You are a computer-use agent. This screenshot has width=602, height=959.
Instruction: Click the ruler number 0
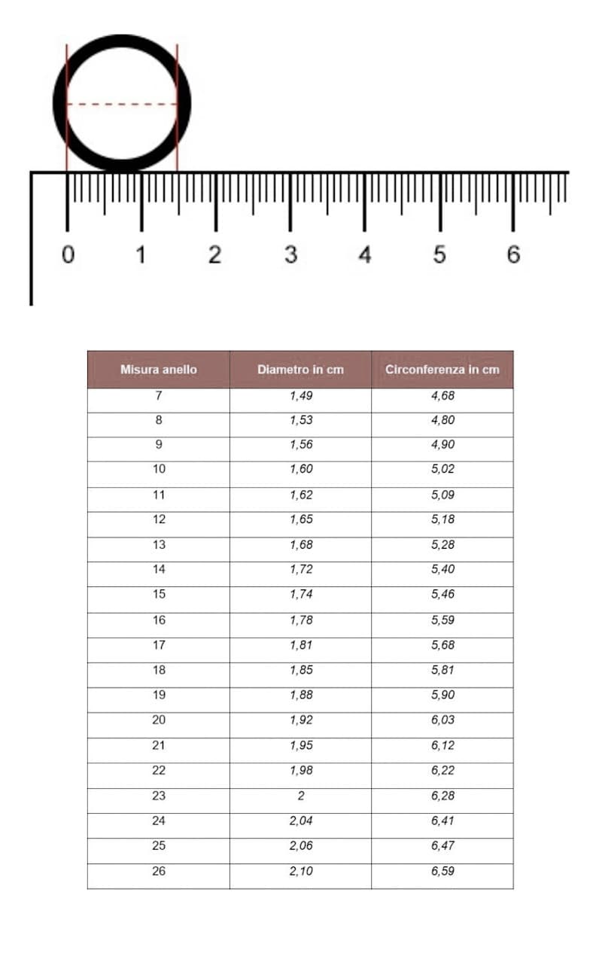(x=68, y=255)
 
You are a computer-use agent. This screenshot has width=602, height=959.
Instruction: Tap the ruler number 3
(x=290, y=255)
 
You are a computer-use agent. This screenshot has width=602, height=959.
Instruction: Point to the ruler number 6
(x=513, y=255)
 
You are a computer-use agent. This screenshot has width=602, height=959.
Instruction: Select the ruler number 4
(x=365, y=255)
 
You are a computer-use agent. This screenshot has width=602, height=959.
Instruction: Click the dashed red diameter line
(x=122, y=104)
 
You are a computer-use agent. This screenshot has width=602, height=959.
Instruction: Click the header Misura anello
(x=159, y=370)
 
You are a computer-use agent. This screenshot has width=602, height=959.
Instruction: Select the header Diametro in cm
(x=300, y=370)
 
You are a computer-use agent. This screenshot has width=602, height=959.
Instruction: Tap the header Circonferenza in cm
(x=442, y=370)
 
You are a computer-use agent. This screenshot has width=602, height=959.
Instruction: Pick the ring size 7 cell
(x=159, y=395)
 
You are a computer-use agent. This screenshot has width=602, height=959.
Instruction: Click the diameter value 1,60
(x=301, y=469)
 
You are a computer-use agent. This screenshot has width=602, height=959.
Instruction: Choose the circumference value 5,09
(x=442, y=495)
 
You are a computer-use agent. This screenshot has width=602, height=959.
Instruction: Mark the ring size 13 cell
(x=159, y=545)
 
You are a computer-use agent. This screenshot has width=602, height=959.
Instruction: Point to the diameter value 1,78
(x=301, y=620)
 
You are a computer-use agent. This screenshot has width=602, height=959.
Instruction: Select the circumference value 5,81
(x=442, y=670)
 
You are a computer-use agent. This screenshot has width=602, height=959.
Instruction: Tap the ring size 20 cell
(x=159, y=720)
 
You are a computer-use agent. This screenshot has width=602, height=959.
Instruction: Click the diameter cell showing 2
(x=301, y=796)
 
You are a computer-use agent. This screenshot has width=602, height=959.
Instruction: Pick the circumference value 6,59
(x=442, y=871)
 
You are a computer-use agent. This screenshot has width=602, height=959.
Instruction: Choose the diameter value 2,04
(x=301, y=820)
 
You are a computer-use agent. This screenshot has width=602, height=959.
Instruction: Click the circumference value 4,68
(x=442, y=395)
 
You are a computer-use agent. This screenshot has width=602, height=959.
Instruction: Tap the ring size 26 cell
(x=159, y=871)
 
